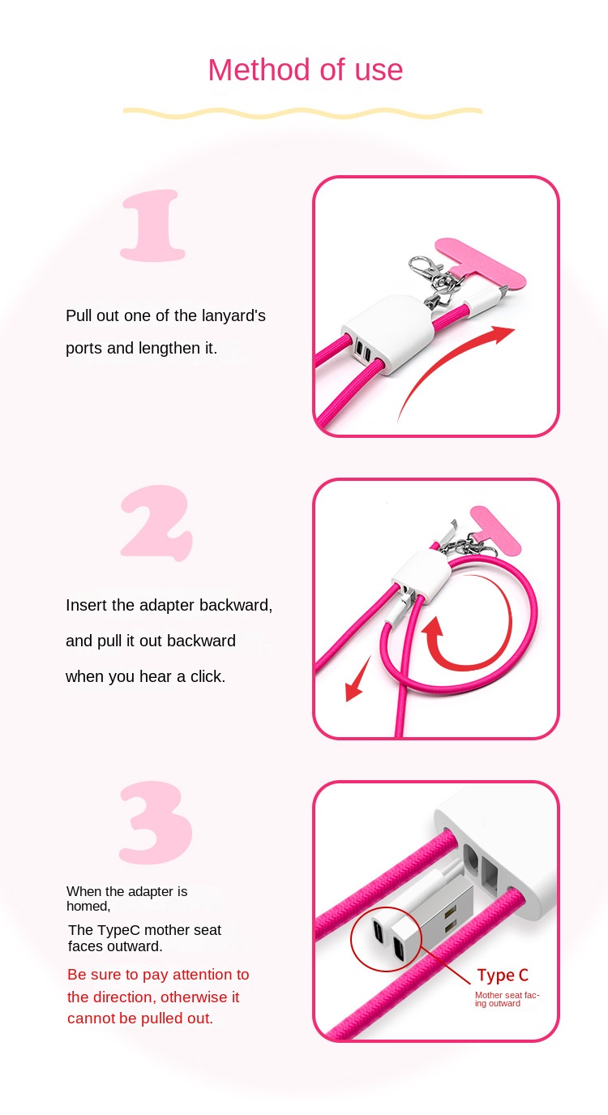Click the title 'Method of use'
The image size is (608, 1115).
point(305,71)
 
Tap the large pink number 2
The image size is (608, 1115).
point(156,523)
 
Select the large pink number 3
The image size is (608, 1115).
point(156,822)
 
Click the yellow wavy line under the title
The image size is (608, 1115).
point(302,113)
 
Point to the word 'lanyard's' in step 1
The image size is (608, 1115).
point(233,315)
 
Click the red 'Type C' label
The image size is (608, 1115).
point(503,976)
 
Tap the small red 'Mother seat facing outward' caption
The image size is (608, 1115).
point(507,999)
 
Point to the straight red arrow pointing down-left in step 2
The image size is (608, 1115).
point(357,680)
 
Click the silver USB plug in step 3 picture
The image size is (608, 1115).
point(442,917)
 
